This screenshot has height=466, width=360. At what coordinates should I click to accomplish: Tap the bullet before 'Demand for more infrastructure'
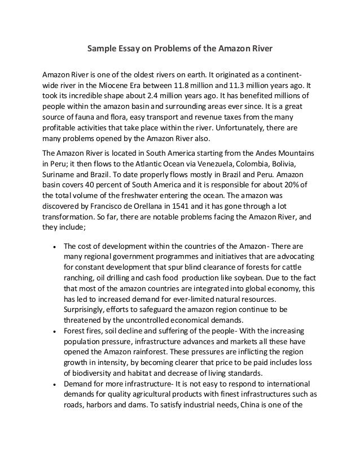coord(52,384)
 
